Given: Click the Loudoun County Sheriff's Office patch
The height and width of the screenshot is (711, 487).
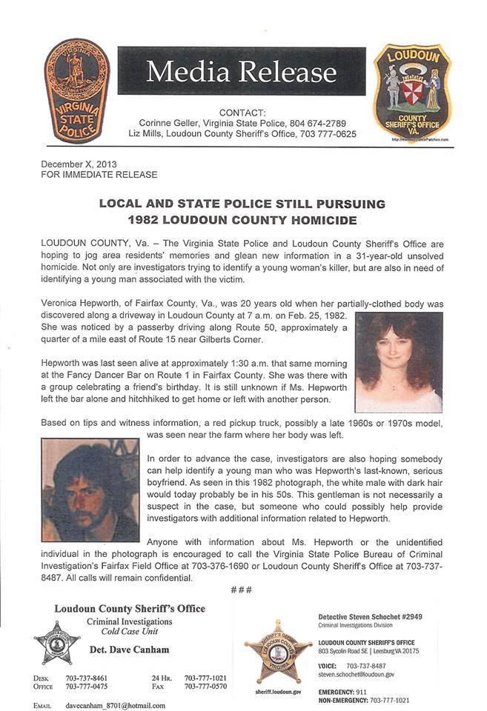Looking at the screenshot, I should (x=411, y=94).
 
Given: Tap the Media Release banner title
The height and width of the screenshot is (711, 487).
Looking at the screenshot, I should (x=241, y=72).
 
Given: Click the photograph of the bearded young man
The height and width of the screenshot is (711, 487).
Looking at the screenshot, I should (x=90, y=490).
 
